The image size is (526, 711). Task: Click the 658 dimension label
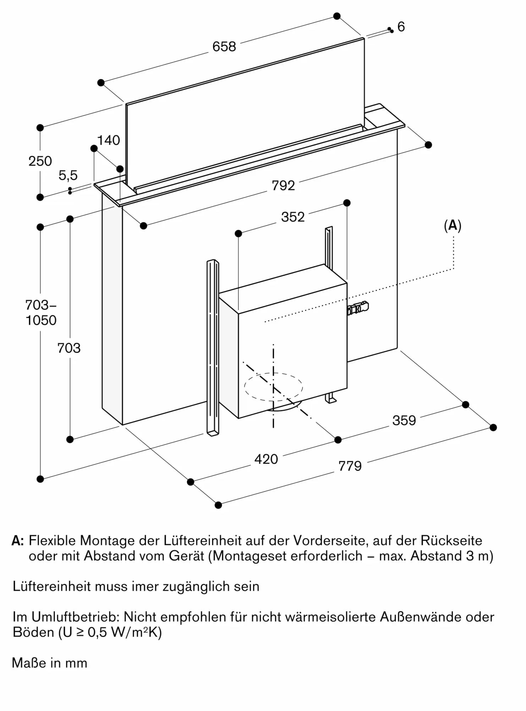[x=224, y=47]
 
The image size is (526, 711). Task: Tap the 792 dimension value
[x=283, y=186]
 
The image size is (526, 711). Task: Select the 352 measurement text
[x=293, y=217]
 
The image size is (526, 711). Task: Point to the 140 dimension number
[x=108, y=140]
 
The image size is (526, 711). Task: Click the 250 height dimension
[x=40, y=161]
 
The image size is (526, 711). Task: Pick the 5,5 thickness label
[x=68, y=175]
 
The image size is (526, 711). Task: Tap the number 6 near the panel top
[x=401, y=27]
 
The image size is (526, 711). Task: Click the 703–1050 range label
[x=41, y=313]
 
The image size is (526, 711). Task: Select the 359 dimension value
[x=404, y=421]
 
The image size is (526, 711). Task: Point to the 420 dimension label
[x=266, y=459]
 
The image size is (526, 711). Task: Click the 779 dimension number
[x=350, y=466]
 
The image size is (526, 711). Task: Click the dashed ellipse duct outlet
[x=273, y=387]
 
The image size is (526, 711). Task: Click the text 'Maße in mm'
[x=50, y=663]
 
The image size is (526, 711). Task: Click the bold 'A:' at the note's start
[x=18, y=541]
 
